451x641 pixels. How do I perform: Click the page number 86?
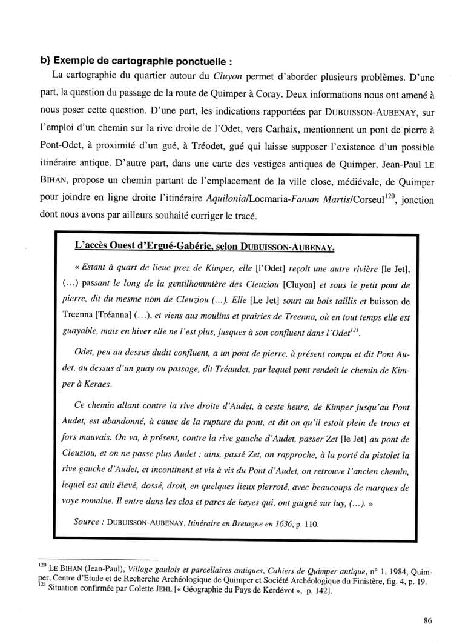pos(427,619)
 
